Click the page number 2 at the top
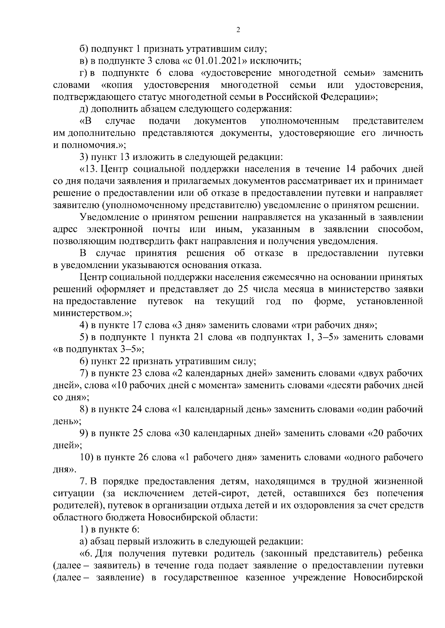(x=238, y=30)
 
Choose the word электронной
(x=115, y=230)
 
